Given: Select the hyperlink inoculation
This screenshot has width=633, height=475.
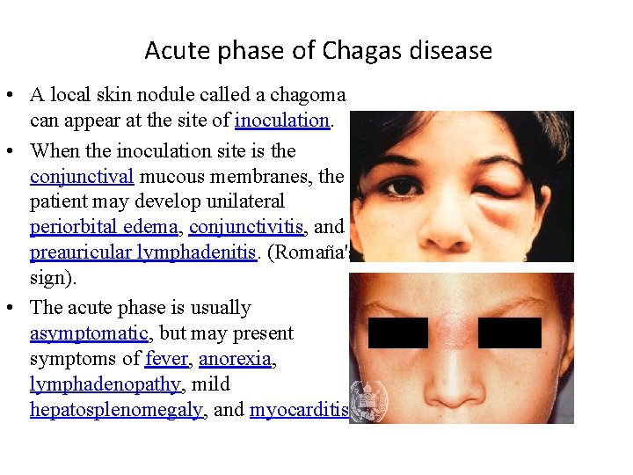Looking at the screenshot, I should pyautogui.click(x=281, y=120).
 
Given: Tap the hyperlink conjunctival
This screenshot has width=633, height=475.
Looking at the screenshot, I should pyautogui.click(x=82, y=177).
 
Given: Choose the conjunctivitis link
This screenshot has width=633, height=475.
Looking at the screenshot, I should pyautogui.click(x=247, y=228).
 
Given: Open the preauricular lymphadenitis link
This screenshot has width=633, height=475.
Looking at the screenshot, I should pyautogui.click(x=143, y=253).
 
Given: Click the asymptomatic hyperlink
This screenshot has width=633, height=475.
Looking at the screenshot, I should pyautogui.click(x=89, y=333).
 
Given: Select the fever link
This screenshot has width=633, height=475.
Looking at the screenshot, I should pyautogui.click(x=166, y=359).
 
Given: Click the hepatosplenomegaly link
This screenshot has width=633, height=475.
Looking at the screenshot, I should pyautogui.click(x=116, y=410).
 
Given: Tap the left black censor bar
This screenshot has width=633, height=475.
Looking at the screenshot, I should pyautogui.click(x=397, y=332).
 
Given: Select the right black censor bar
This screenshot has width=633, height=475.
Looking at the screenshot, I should pyautogui.click(x=510, y=332).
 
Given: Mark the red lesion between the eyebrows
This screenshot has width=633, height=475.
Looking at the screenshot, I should pyautogui.click(x=454, y=325).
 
